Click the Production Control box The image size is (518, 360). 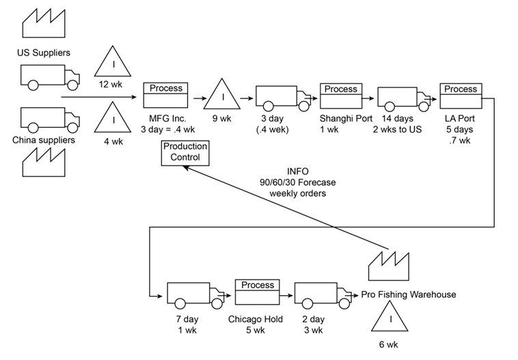[x=186, y=152]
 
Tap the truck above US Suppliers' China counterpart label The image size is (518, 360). [x=42, y=120]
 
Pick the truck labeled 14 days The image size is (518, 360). [x=400, y=98]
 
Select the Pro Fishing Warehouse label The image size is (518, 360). [x=408, y=294]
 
